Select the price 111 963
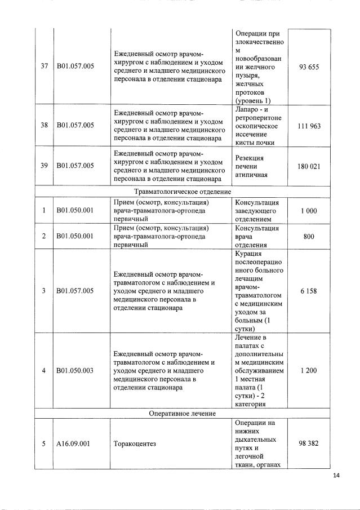(x=309, y=126)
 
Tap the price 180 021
(x=309, y=166)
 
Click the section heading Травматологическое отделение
(x=183, y=191)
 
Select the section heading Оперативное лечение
(x=183, y=414)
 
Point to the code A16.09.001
(x=74, y=444)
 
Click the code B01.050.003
(x=75, y=371)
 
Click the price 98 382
(x=309, y=444)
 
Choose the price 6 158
(x=309, y=291)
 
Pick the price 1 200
(x=309, y=371)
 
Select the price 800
(x=309, y=237)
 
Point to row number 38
(x=44, y=126)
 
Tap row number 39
(x=44, y=166)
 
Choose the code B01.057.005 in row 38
(x=75, y=126)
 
